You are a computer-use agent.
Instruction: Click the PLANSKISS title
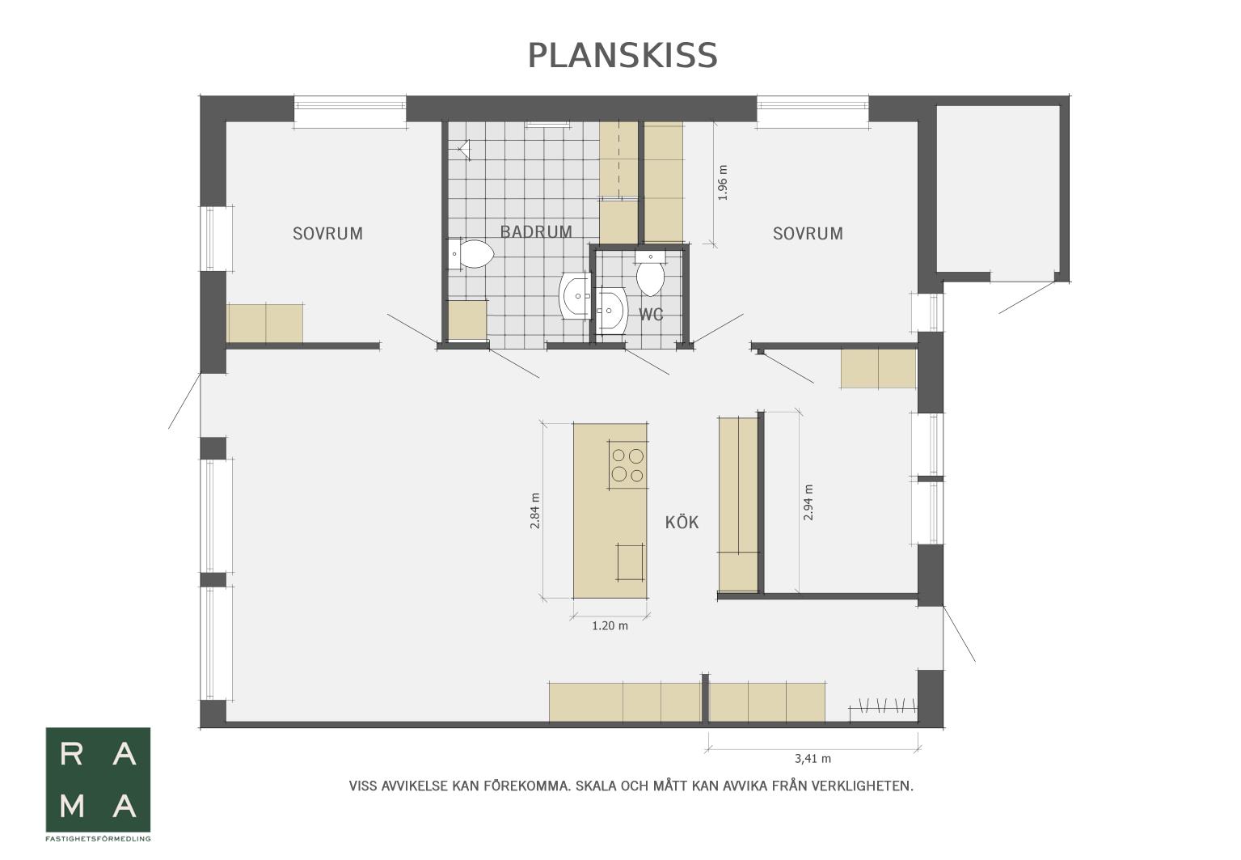[x=623, y=56]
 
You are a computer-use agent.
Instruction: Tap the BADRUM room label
[x=536, y=231]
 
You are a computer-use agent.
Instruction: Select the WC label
[x=651, y=315]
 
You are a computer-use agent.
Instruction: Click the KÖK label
[x=682, y=522]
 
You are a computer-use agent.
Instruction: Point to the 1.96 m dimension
[x=723, y=182]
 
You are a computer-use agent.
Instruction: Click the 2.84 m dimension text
[x=534, y=510]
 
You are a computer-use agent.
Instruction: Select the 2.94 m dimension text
[x=808, y=502]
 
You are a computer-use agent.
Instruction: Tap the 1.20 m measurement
[x=610, y=626]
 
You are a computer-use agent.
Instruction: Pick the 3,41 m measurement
[x=813, y=759]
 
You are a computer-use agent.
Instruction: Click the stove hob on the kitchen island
[x=627, y=464]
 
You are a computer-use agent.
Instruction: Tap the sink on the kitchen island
[x=631, y=561]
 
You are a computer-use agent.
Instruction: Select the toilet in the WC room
[x=651, y=274]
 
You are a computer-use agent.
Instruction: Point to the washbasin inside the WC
[x=611, y=310]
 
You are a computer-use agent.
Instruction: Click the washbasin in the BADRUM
[x=575, y=295]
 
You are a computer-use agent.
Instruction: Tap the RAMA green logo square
[x=98, y=779]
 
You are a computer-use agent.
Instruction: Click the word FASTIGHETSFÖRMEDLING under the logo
[x=98, y=838]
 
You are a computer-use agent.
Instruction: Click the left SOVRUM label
[x=328, y=234]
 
